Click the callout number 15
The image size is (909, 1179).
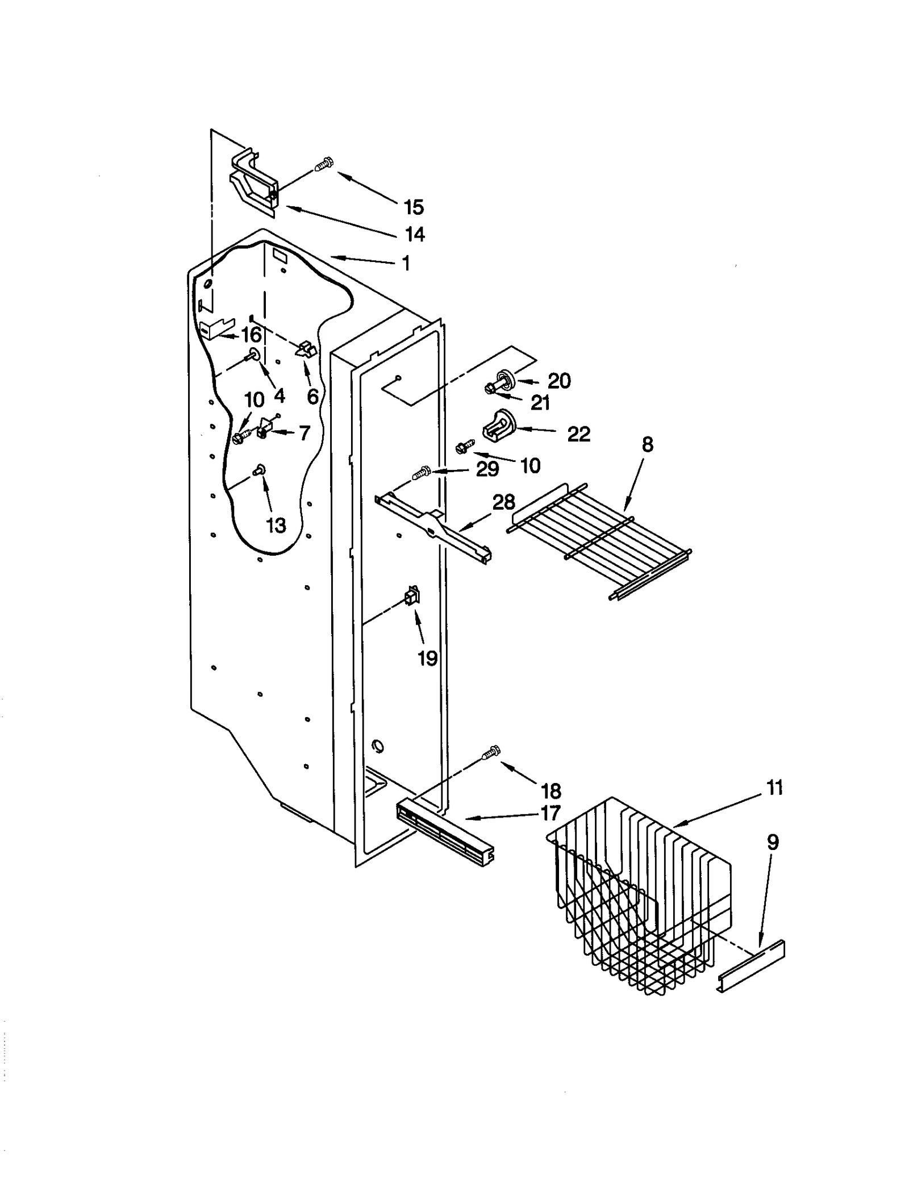[x=414, y=207]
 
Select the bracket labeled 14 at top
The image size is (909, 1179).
[x=254, y=183]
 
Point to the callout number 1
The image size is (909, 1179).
[x=406, y=263]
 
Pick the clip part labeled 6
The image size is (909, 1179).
[x=307, y=348]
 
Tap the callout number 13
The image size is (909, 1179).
[x=276, y=526]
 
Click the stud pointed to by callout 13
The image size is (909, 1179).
[x=260, y=469]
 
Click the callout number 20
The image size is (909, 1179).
[x=559, y=381]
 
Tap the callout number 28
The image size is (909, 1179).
[x=503, y=502]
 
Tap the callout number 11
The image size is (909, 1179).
[x=774, y=788]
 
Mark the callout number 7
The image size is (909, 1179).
[x=305, y=433]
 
